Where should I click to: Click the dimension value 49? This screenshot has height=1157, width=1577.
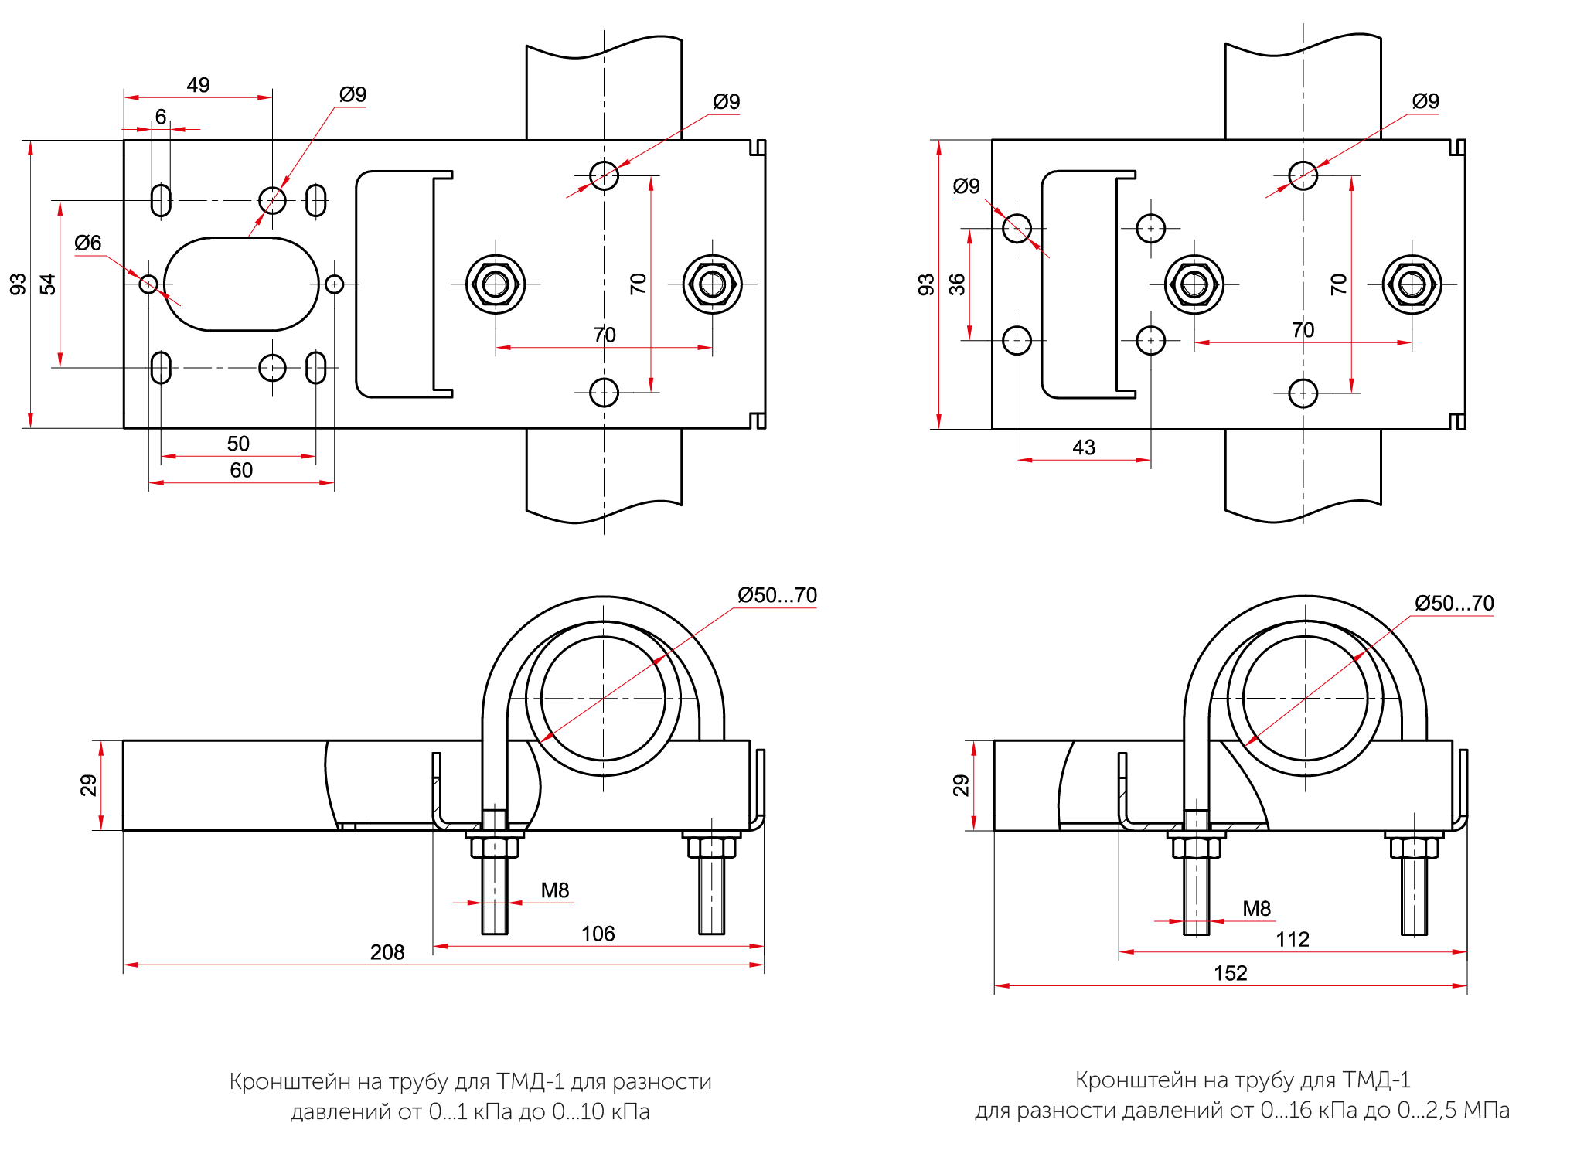click(x=198, y=85)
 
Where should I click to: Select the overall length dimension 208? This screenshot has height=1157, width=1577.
click(x=387, y=952)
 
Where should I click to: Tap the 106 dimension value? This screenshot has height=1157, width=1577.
click(x=598, y=934)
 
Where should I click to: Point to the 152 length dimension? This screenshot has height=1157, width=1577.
click(x=1230, y=973)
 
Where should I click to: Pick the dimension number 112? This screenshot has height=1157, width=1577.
click(x=1293, y=939)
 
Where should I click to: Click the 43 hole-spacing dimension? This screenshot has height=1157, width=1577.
click(x=1084, y=447)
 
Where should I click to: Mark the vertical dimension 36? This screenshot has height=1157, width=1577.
click(x=957, y=284)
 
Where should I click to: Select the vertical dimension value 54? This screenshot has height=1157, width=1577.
click(x=48, y=284)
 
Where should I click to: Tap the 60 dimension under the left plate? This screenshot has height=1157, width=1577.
click(x=241, y=470)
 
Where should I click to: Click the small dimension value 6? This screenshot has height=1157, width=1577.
click(x=161, y=117)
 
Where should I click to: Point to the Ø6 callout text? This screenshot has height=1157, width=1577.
click(x=88, y=243)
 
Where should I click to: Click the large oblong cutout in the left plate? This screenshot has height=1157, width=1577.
click(x=241, y=284)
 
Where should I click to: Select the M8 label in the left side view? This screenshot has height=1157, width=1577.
click(x=555, y=890)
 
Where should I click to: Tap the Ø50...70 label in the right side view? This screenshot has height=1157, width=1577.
click(x=1454, y=603)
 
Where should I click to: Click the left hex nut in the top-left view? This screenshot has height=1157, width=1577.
click(x=496, y=284)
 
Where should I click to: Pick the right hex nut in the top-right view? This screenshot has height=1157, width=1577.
click(x=1412, y=284)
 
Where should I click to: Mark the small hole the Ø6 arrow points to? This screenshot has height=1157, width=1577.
click(x=148, y=284)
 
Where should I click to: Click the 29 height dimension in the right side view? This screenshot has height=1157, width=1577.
click(x=961, y=785)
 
